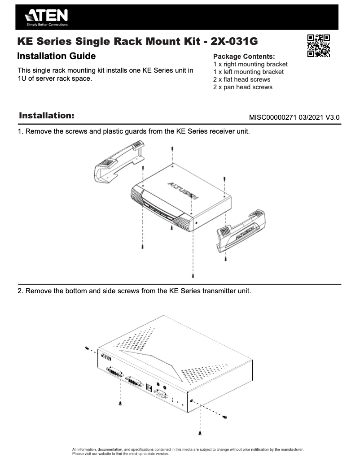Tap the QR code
pyautogui.click(x=318, y=46)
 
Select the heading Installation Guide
pyautogui.click(x=56, y=56)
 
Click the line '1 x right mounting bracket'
pyautogui.click(x=250, y=64)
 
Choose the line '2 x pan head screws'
pyautogui.click(x=242, y=87)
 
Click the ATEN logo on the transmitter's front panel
pyautogui.click(x=106, y=357)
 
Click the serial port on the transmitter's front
pyautogui.click(x=161, y=394)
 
